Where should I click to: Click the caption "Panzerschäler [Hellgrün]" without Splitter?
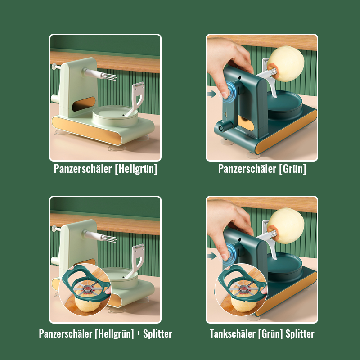coord(105,169)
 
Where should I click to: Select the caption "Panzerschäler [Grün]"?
coord(262,169)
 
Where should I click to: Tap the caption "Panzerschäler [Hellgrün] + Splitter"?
coord(105,334)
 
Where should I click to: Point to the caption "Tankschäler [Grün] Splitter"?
coord(262,334)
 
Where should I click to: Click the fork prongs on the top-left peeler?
coord(108,76)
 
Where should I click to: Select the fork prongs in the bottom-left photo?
coord(108,237)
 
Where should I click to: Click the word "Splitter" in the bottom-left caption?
coord(157,334)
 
